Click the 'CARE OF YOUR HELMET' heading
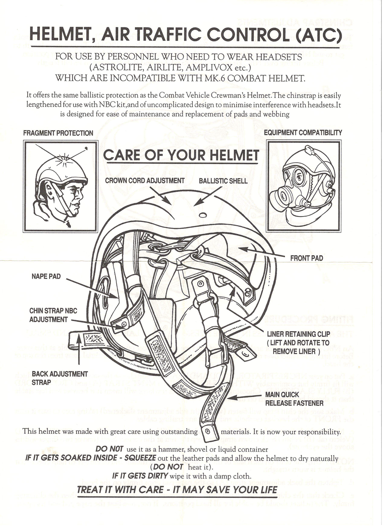point(181,155)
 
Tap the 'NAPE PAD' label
point(46,276)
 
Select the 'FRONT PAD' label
point(306,258)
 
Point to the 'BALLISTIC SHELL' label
point(223,181)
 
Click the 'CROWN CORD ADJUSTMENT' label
point(145,181)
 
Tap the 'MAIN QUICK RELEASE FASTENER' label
point(294,399)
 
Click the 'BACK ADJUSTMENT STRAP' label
point(59,378)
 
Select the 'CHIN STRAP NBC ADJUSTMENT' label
point(53,315)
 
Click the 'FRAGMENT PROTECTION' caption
point(58,133)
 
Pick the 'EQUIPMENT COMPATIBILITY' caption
point(303,133)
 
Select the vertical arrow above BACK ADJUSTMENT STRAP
point(79,349)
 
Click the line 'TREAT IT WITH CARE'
point(177,490)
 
